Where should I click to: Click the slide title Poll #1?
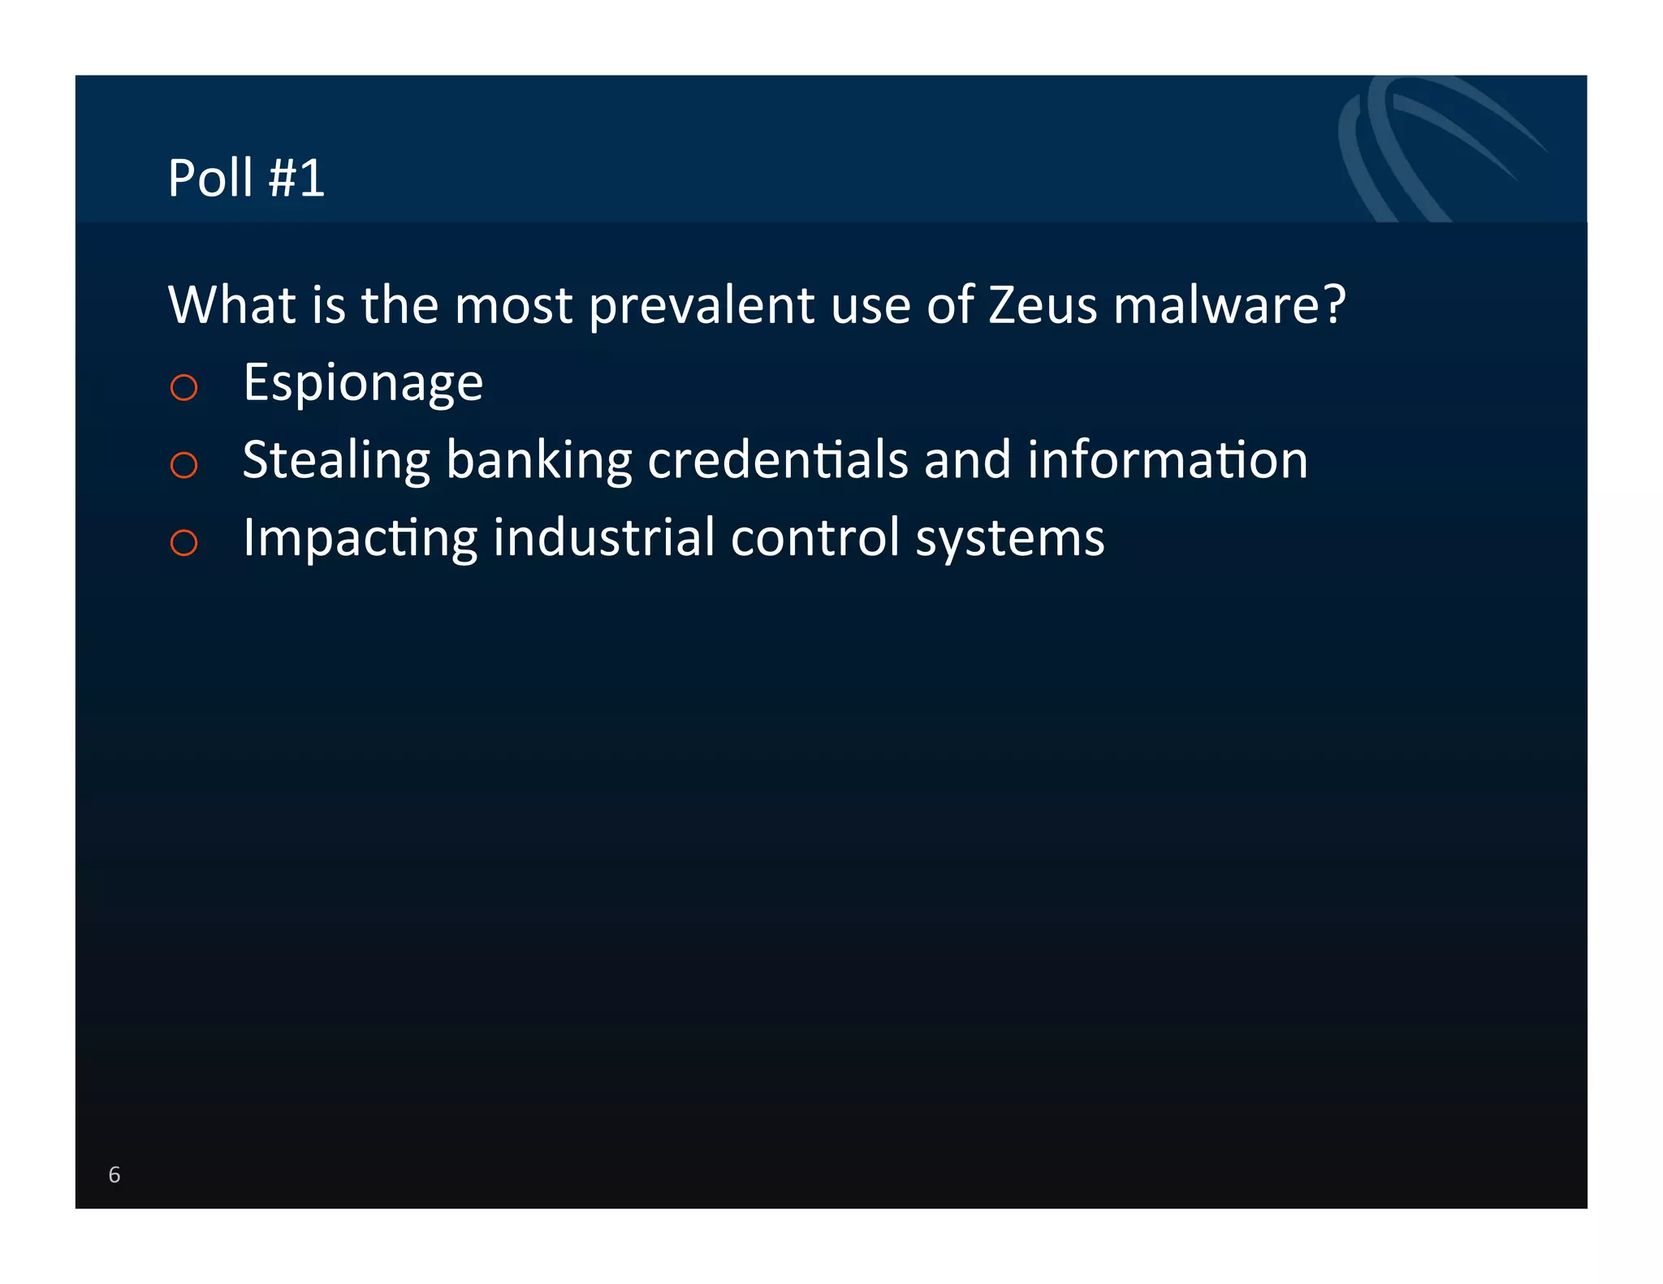(x=246, y=178)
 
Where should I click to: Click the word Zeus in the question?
(x=1043, y=305)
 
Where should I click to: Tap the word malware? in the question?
(x=1229, y=305)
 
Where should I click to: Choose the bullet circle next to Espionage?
(x=184, y=387)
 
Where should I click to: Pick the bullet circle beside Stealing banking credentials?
(x=184, y=464)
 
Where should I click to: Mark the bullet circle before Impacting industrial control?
(x=184, y=542)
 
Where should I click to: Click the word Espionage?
(x=363, y=383)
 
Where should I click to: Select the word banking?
(x=538, y=461)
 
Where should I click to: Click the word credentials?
(x=777, y=459)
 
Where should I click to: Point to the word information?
(x=1167, y=459)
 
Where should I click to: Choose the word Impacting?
(x=360, y=539)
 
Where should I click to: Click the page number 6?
(x=114, y=1174)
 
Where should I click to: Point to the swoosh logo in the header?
(x=1429, y=146)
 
